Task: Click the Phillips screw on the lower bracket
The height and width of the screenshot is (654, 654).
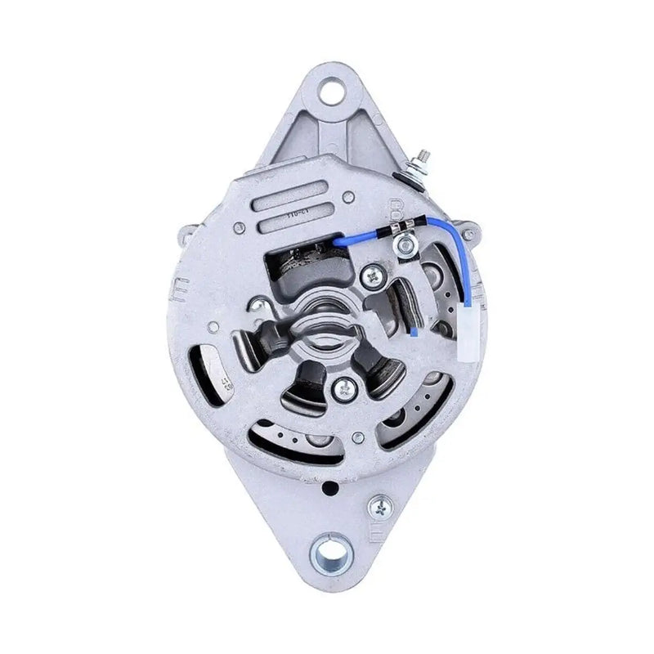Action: (x=379, y=508)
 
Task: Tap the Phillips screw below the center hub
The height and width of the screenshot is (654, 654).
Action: (x=343, y=390)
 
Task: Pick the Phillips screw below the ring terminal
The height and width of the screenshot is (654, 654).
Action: (x=374, y=278)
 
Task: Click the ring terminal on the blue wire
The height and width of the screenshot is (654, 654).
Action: (x=402, y=243)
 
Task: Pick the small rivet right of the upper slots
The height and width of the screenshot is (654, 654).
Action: (x=349, y=196)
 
